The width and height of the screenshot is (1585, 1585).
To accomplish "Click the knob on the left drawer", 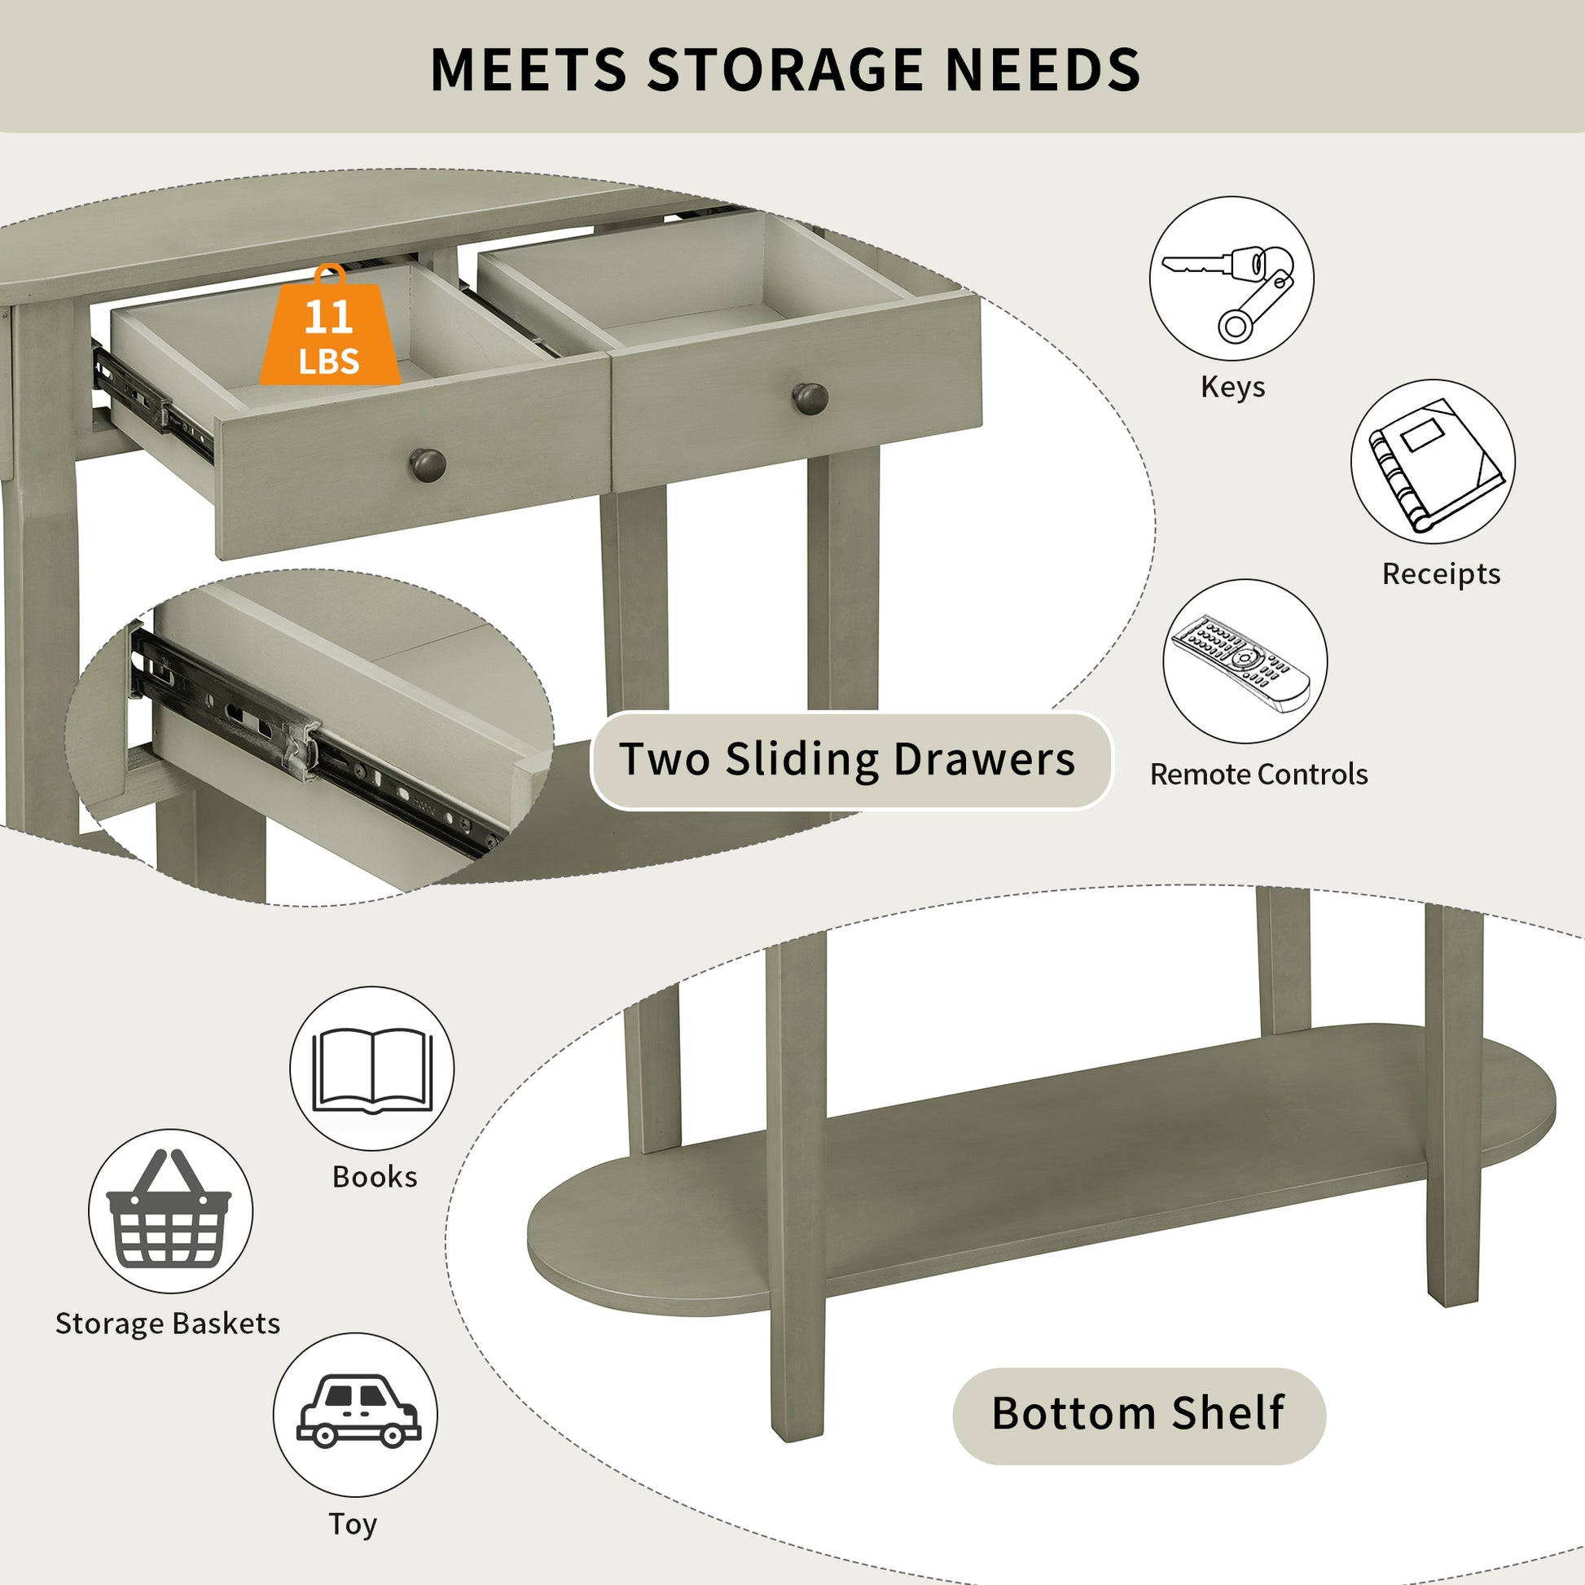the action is click(x=428, y=465).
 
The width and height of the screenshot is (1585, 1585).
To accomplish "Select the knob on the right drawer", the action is click(x=810, y=399).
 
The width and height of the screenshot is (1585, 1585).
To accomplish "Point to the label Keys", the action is click(x=1232, y=387).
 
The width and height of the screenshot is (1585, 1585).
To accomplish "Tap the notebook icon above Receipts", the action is click(x=1434, y=463).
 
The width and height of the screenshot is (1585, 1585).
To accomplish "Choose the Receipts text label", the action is click(x=1441, y=573).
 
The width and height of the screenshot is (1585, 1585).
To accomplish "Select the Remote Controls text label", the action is click(x=1258, y=775).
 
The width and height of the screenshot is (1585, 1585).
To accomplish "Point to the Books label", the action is click(x=374, y=1176).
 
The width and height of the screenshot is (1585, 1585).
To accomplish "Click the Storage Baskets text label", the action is click(x=167, y=1324).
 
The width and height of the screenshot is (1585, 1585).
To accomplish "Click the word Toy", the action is click(x=353, y=1523).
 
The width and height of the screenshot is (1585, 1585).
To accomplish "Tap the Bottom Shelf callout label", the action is click(x=1139, y=1412).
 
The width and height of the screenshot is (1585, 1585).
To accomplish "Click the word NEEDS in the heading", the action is click(x=1043, y=69).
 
